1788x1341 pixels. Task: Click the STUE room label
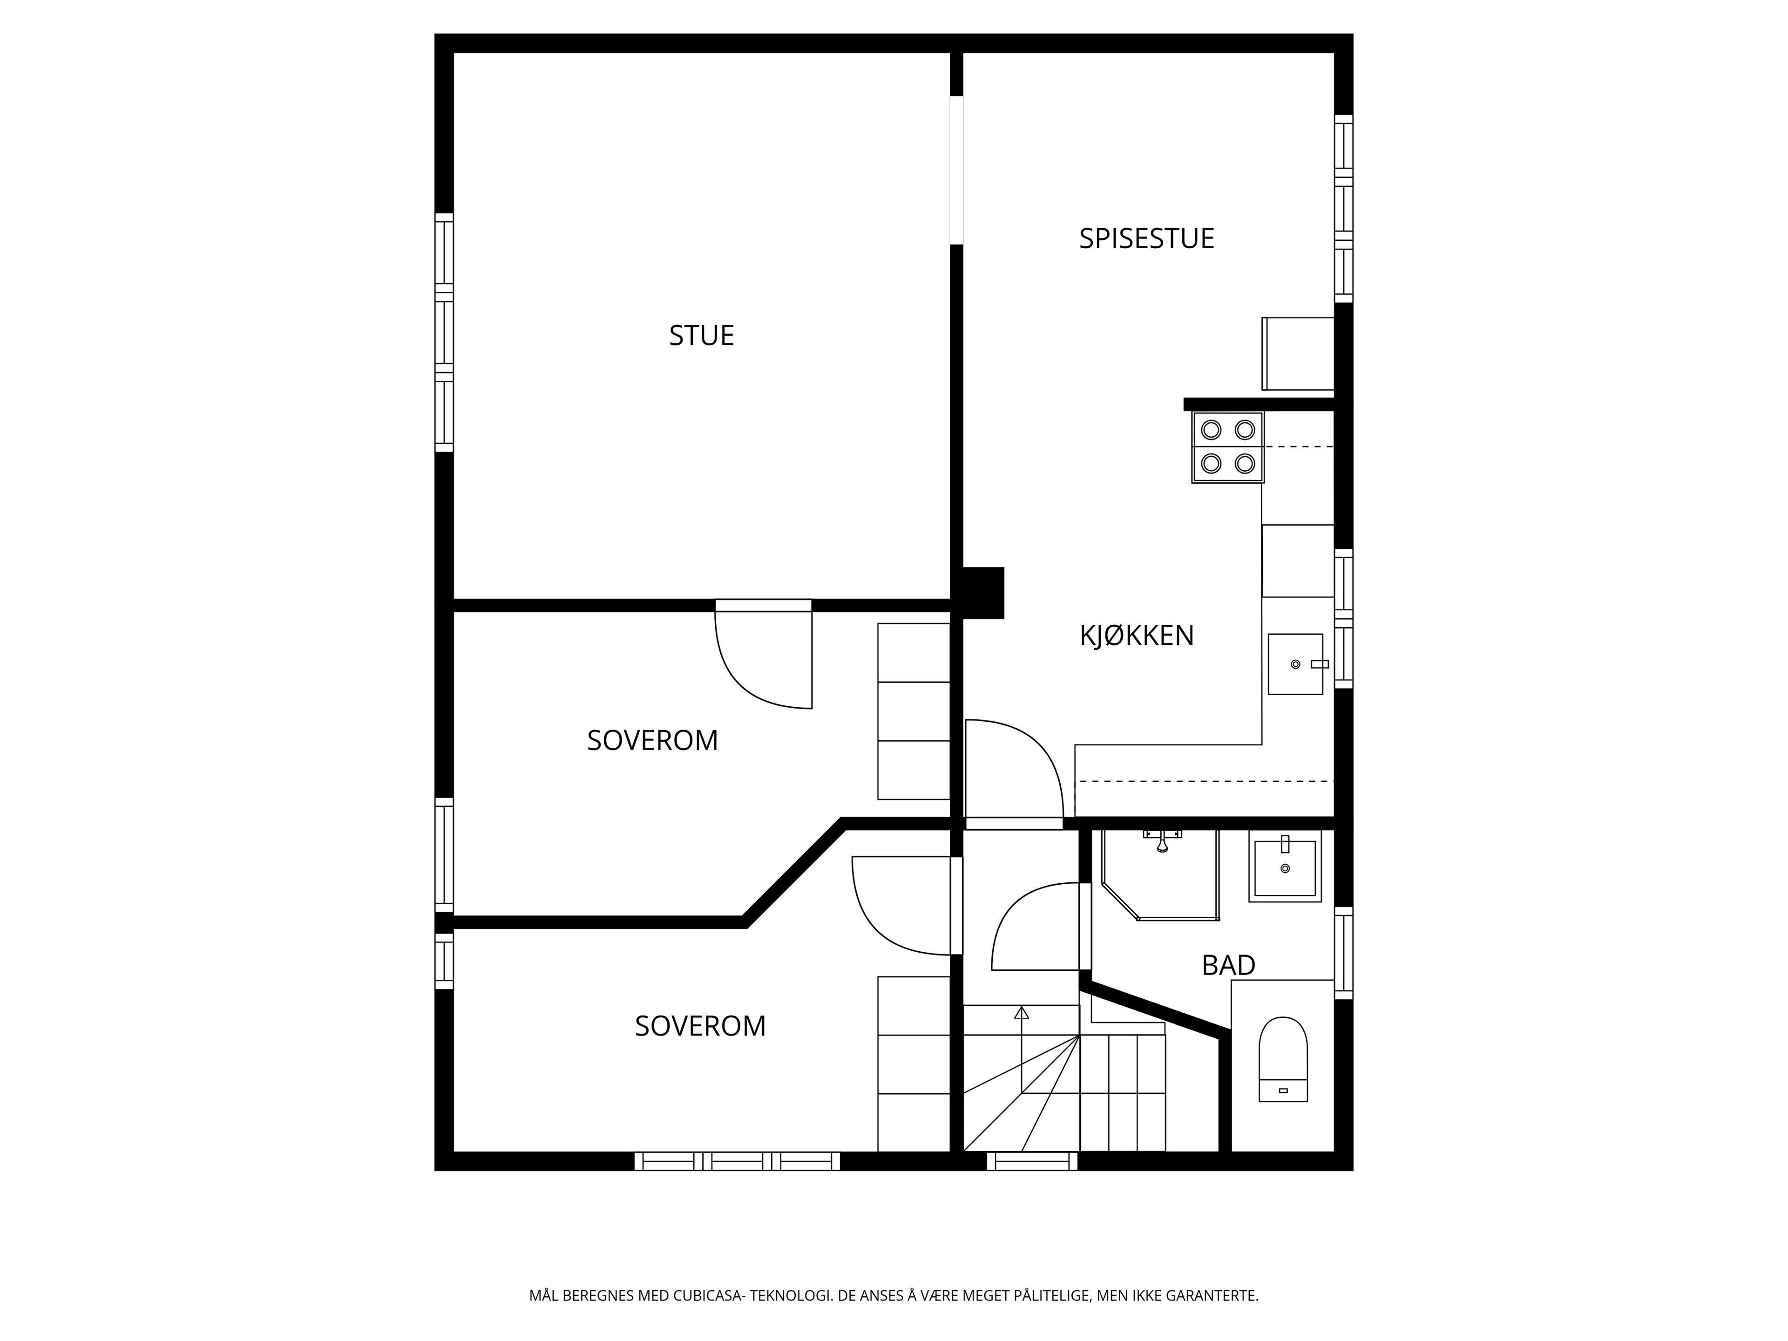(702, 335)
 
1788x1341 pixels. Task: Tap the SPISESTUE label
(1146, 238)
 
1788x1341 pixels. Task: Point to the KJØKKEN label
(1137, 635)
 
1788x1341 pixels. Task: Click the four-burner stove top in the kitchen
(1227, 447)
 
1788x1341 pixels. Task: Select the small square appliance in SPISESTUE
(1297, 353)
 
